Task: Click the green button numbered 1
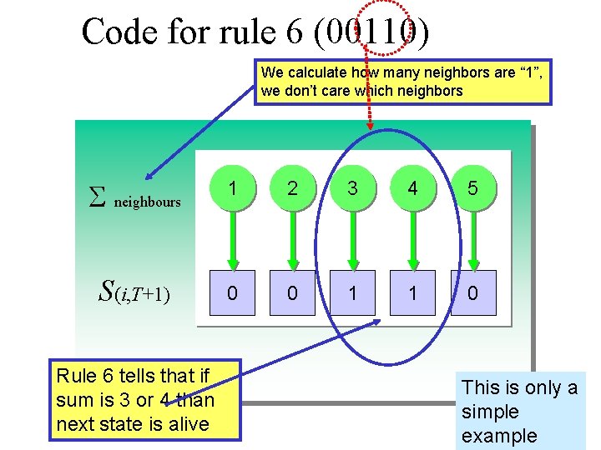[232, 188]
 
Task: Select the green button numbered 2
[292, 188]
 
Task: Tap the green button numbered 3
[352, 188]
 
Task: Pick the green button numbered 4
[412, 188]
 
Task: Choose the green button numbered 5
[472, 188]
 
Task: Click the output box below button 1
[232, 293]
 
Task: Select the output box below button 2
[292, 293]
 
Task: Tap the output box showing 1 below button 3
[352, 293]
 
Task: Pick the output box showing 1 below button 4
[412, 293]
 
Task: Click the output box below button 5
[472, 293]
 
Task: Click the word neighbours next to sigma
[147, 202]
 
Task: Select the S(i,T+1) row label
[134, 292]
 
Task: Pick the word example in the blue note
[500, 436]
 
